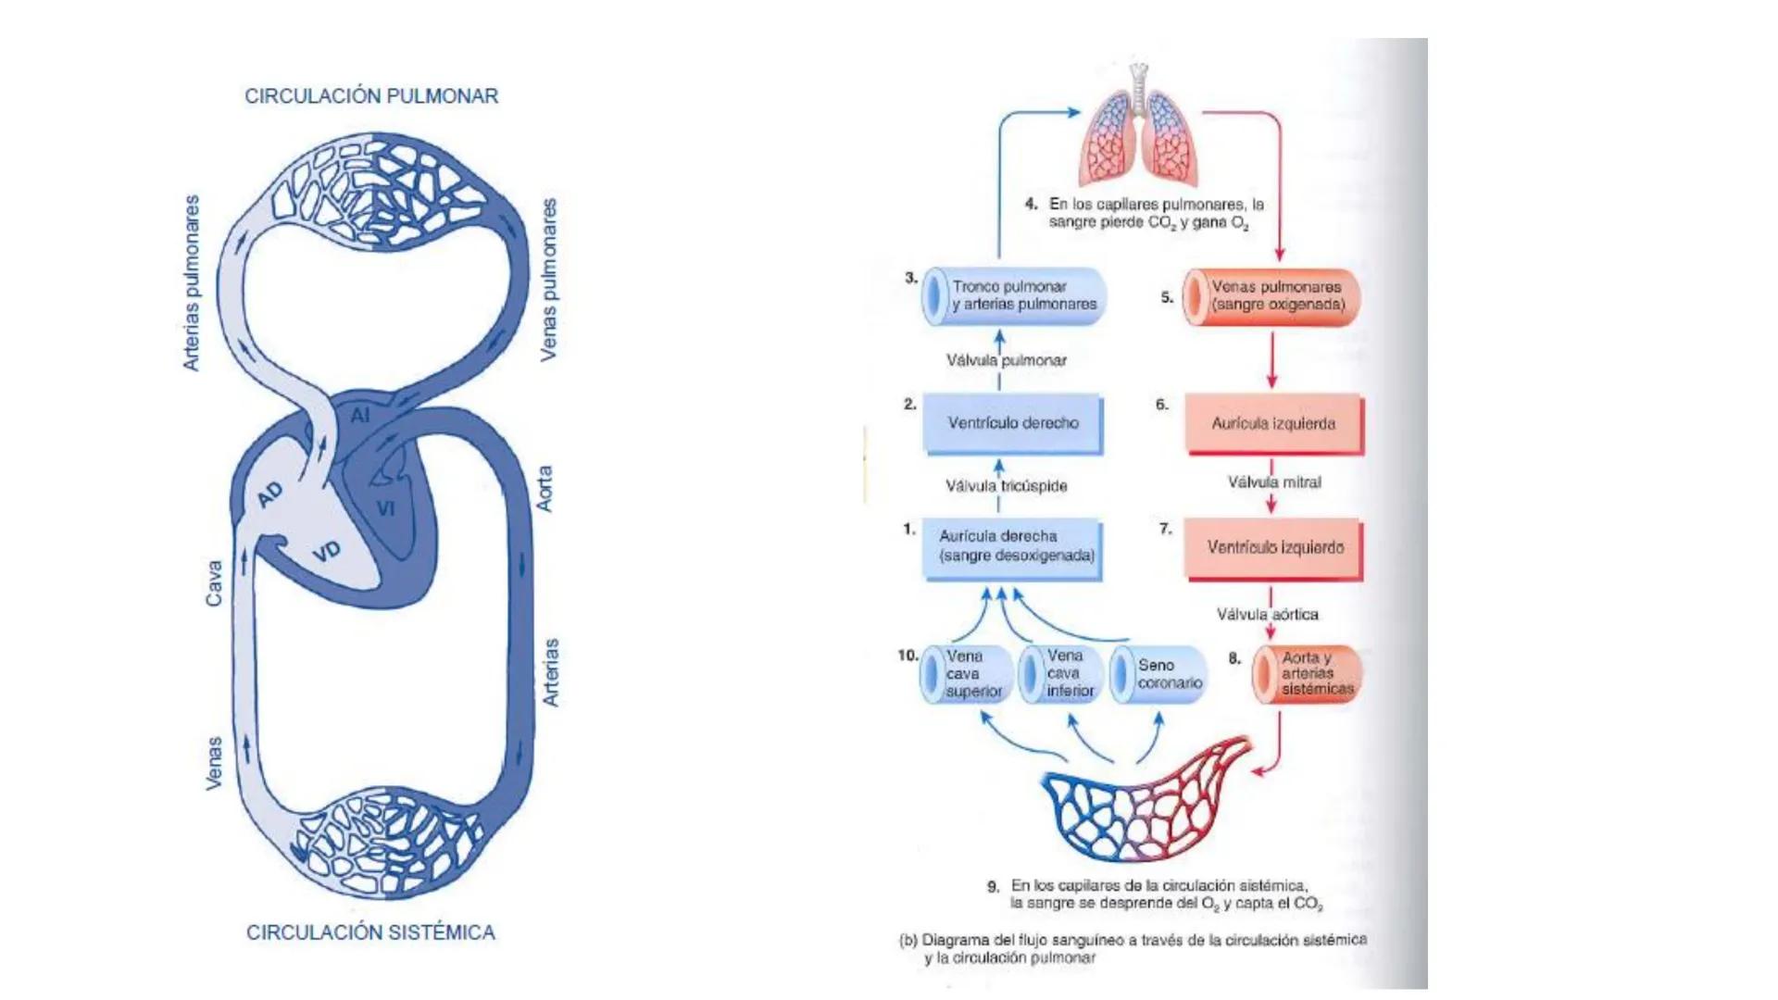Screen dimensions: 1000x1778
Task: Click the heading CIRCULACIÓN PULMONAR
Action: tap(370, 96)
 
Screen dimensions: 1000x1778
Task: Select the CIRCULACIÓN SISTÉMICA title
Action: tap(370, 932)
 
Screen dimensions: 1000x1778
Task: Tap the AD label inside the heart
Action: tap(269, 495)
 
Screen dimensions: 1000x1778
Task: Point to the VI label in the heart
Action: tap(386, 508)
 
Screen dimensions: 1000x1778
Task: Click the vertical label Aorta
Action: tap(545, 488)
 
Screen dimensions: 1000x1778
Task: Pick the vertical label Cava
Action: tap(214, 583)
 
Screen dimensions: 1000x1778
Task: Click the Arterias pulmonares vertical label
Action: tap(192, 283)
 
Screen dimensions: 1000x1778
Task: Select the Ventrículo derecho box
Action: tap(1013, 423)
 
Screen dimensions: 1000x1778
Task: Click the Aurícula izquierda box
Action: tap(1273, 423)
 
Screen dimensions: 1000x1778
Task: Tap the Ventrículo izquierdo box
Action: tap(1274, 547)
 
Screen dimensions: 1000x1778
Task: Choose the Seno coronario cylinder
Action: tap(1158, 674)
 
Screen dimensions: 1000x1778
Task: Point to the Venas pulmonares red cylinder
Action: tap(1271, 296)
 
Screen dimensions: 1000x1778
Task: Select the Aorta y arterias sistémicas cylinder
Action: tap(1306, 673)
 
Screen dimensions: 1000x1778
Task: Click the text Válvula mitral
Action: tap(1274, 482)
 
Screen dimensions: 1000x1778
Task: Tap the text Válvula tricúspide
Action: tap(1007, 486)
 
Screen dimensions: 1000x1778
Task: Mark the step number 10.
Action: tap(907, 656)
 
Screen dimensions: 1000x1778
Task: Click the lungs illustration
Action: tap(1139, 130)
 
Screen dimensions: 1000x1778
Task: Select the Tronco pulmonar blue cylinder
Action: tap(1014, 296)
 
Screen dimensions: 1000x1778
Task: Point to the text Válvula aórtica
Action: tap(1267, 615)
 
